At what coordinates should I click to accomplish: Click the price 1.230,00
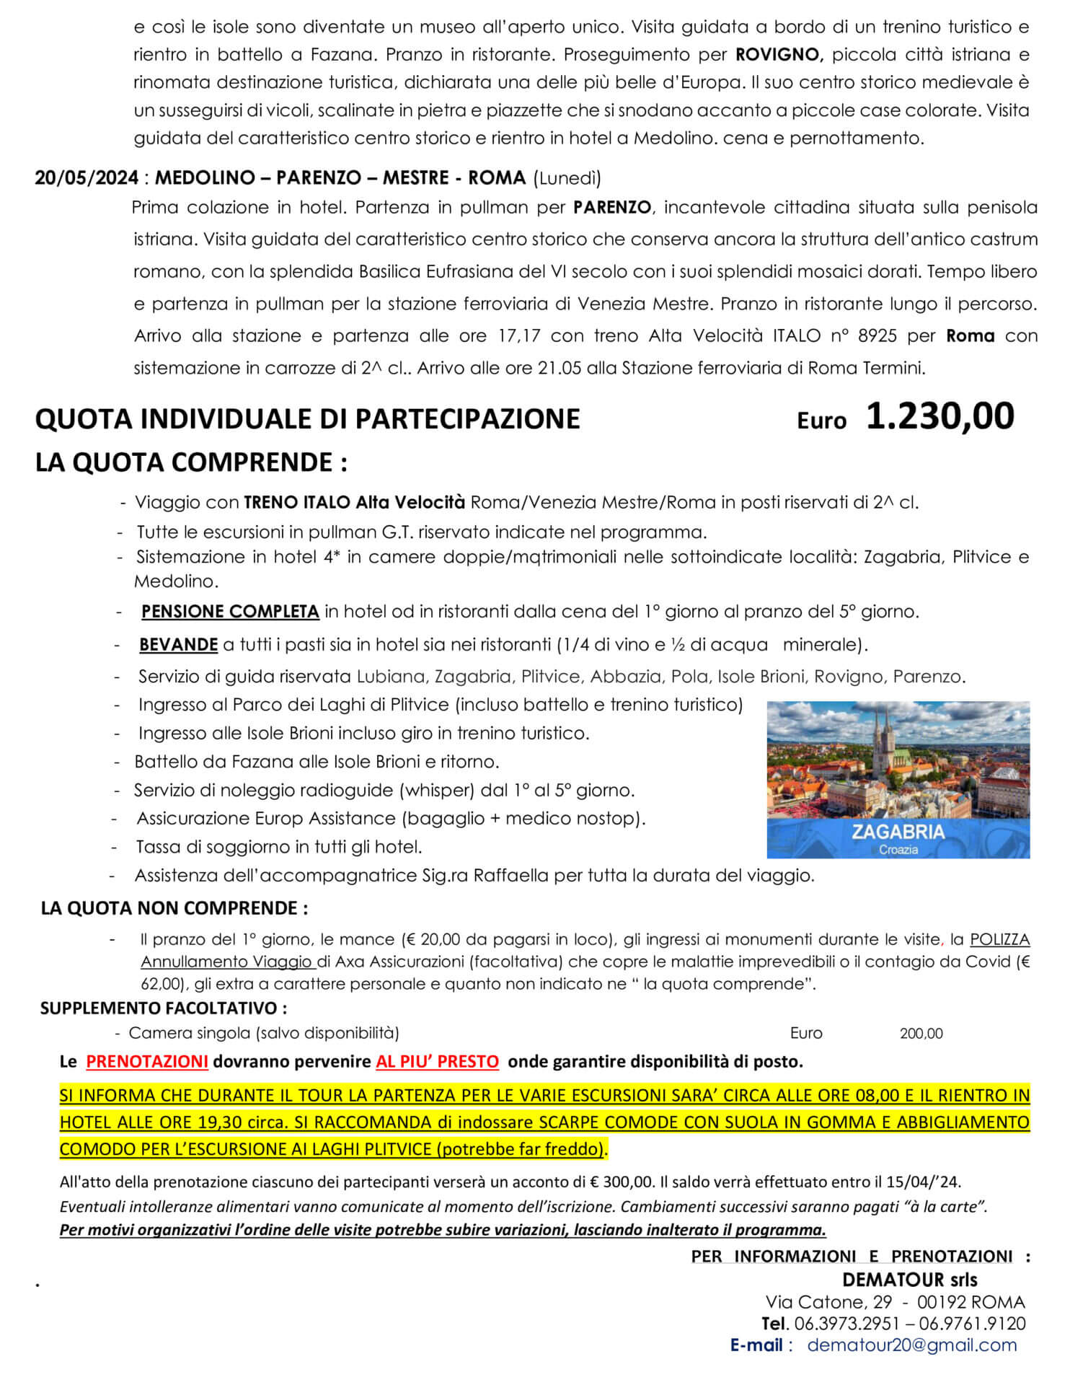[x=939, y=417]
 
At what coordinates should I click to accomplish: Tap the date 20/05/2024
[x=87, y=177]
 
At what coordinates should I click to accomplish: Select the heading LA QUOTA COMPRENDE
[x=191, y=462]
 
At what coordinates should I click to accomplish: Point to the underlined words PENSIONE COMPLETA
[x=230, y=612]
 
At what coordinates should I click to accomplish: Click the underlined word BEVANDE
[x=178, y=644]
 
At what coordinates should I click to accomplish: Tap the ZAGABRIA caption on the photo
[x=898, y=831]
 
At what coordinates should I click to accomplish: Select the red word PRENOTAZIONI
[x=147, y=1061]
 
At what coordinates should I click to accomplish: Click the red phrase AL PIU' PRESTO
[x=437, y=1061]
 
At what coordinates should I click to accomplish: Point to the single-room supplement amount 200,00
[x=921, y=1033]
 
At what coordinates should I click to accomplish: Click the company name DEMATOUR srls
[x=909, y=1280]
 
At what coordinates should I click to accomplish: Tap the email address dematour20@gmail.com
[x=912, y=1345]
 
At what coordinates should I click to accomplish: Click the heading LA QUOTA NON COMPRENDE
[x=174, y=907]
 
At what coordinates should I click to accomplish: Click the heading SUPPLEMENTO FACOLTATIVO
[x=164, y=1008]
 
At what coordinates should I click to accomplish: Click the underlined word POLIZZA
[x=999, y=939]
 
